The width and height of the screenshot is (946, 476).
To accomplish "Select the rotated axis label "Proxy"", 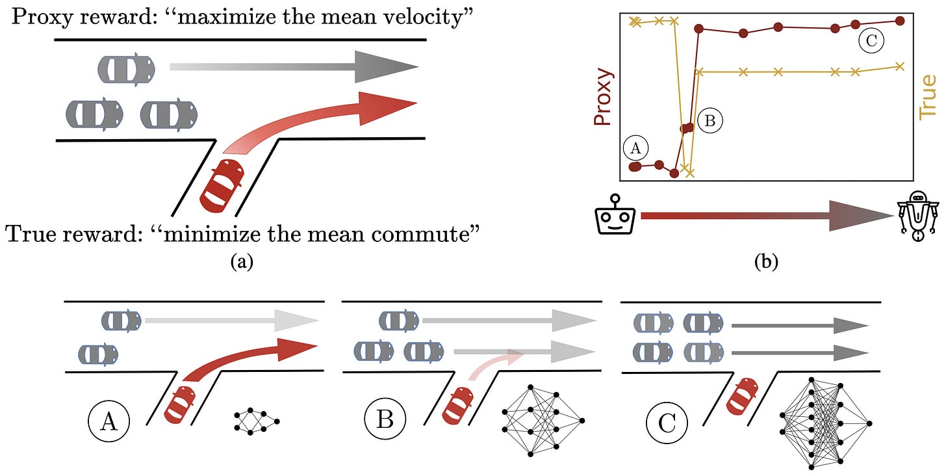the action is click(603, 97).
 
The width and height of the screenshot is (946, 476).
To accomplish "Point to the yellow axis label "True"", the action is click(928, 96).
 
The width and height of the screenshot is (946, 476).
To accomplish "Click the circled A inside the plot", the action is click(635, 148).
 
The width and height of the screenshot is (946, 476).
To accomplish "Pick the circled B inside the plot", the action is click(710, 121).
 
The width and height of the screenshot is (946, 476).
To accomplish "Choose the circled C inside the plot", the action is click(871, 40).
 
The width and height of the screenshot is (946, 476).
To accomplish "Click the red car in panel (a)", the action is click(222, 185).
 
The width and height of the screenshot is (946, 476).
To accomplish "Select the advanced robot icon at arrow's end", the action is click(917, 216).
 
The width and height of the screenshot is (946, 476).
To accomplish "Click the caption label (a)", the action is click(242, 261).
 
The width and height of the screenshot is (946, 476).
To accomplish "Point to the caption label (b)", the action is click(765, 261).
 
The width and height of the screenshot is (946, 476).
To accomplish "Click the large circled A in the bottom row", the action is click(109, 421).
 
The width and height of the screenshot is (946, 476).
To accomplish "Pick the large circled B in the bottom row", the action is click(385, 420).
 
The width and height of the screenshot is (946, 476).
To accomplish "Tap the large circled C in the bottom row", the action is click(667, 423).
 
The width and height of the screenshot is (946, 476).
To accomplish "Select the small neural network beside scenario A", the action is click(257, 421).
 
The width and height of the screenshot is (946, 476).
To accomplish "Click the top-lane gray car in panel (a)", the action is click(126, 70).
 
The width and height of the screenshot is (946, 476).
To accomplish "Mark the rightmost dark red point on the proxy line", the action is click(899, 21).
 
